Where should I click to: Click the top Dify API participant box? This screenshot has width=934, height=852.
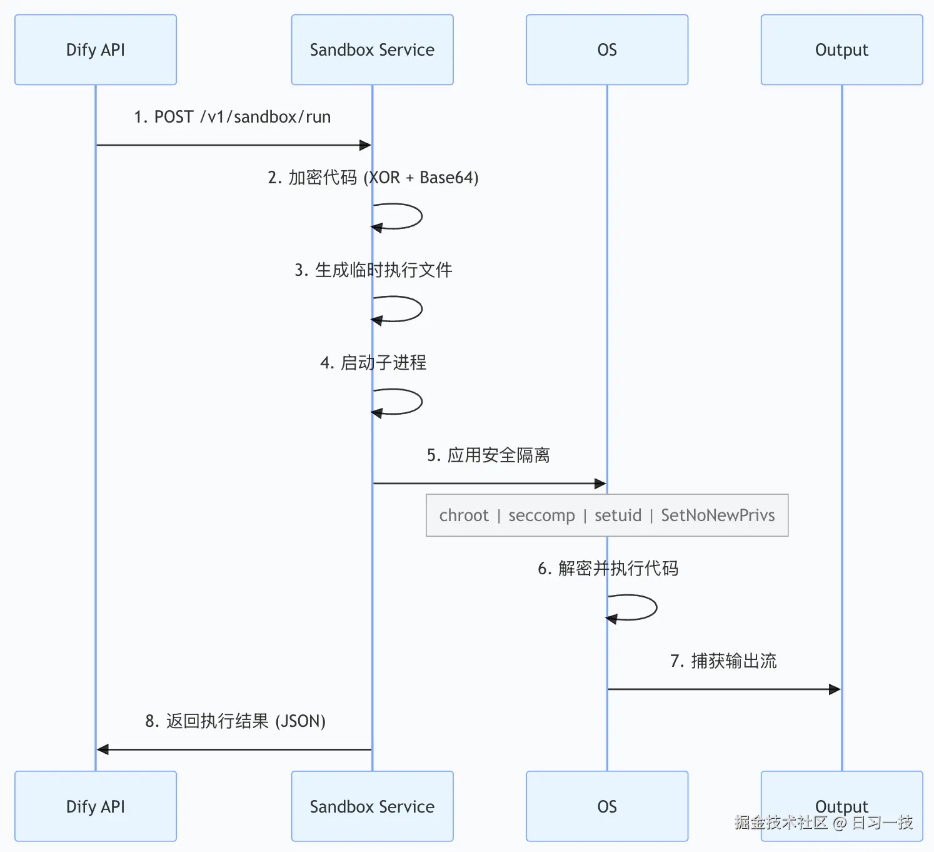pos(96,50)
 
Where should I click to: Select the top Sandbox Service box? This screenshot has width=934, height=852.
pos(372,50)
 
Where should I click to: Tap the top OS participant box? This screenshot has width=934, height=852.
pos(606,50)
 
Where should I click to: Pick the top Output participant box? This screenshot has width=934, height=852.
pos(841,50)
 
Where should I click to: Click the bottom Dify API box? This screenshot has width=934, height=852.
pos(96,806)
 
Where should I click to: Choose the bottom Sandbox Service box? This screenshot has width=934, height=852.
pos(372,806)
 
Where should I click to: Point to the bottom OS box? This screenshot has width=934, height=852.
pos(606,806)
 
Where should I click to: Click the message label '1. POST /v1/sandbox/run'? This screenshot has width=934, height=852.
pos(232,117)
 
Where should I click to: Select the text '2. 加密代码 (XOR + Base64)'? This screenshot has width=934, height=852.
pos(373,178)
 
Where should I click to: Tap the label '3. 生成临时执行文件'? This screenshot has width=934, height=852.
pos(373,270)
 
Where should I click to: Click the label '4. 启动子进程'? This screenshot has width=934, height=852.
pos(373,363)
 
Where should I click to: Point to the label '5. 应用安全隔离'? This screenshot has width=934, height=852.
pos(488,455)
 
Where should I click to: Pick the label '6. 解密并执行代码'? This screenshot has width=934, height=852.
pos(608,569)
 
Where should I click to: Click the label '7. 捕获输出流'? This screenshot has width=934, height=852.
pos(723,661)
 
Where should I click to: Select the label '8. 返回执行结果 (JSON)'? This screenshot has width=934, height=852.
pos(235,721)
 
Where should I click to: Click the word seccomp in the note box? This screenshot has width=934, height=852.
pos(541,515)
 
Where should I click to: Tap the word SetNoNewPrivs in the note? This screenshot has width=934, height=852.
pos(718,515)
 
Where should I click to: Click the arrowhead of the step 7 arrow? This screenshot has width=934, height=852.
pos(835,689)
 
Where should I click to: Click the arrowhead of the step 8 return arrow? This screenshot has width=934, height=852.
pos(103,749)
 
